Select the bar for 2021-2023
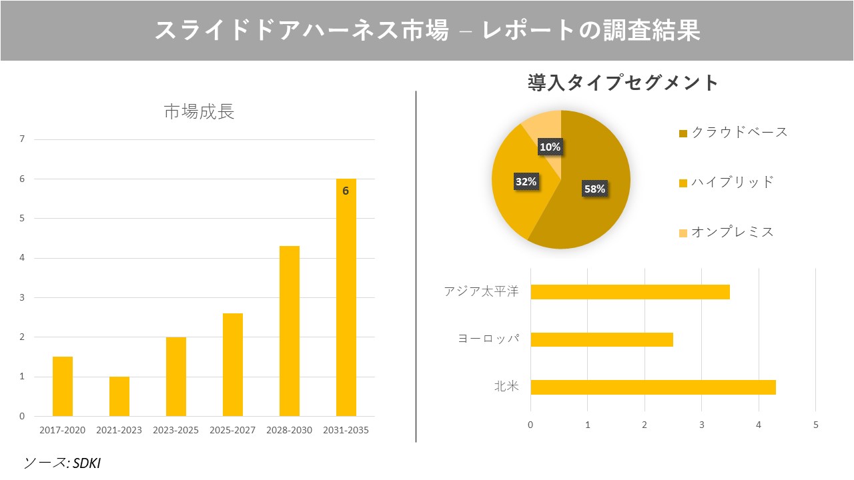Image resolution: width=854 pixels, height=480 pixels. (119, 396)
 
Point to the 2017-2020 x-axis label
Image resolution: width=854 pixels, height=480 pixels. (63, 430)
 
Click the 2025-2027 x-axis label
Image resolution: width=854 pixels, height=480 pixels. (232, 430)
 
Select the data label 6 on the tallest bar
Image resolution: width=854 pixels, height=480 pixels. (346, 191)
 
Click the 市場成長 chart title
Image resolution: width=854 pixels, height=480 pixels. (199, 112)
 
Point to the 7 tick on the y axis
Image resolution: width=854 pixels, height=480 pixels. (22, 139)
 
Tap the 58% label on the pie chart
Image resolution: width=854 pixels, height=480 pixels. (594, 189)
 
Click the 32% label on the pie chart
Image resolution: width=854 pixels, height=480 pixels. (526, 181)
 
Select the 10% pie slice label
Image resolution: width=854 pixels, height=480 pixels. (550, 147)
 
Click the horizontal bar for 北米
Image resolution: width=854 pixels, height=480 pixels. (653, 387)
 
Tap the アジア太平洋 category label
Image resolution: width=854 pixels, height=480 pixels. (481, 292)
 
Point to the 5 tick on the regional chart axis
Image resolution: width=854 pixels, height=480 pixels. (815, 425)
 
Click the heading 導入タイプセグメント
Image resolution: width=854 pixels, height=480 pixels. (622, 83)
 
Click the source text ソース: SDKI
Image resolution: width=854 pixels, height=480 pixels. (62, 463)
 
